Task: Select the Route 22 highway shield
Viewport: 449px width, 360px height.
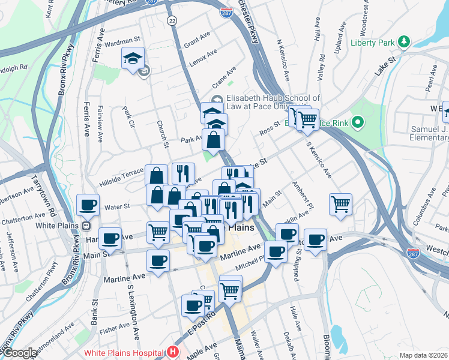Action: point(173,20)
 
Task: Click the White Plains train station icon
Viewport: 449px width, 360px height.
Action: point(86,226)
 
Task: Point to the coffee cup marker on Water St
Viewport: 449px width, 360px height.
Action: point(88,205)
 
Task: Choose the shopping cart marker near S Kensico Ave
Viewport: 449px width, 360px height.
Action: point(340,203)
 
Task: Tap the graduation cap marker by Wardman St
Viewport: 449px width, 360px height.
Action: point(133,58)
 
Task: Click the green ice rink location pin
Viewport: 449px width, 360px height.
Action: point(358,124)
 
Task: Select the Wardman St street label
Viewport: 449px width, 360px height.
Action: point(122,41)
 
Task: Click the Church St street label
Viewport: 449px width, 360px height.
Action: point(163,134)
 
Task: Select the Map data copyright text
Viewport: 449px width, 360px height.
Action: point(423,355)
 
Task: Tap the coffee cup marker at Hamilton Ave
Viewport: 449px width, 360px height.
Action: point(110,238)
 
